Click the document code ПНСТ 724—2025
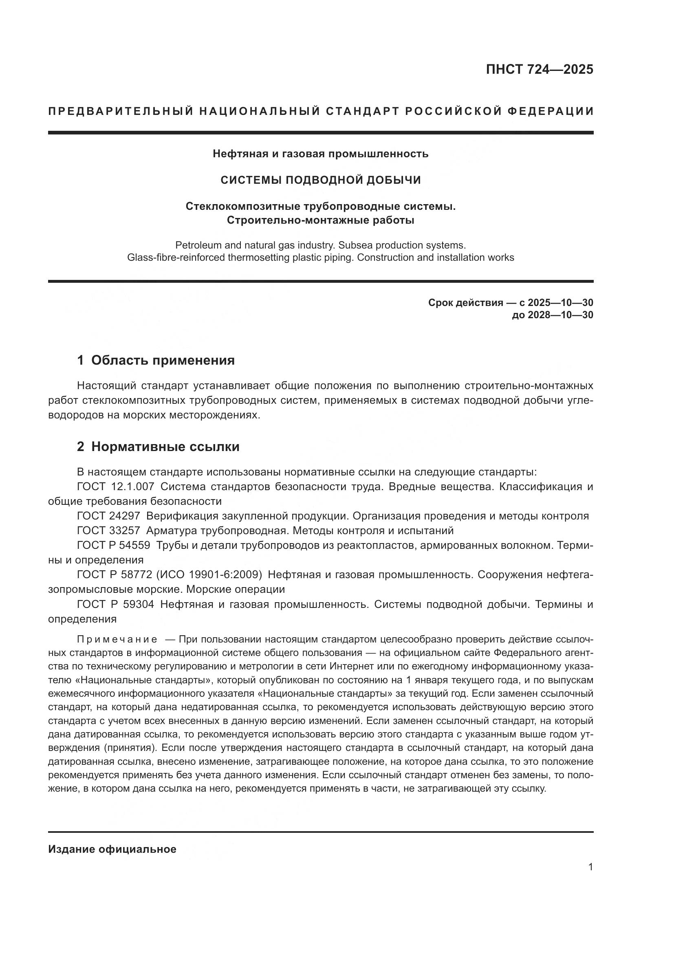[539, 69]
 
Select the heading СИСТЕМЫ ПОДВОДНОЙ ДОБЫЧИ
[320, 180]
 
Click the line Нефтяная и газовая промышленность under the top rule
[320, 154]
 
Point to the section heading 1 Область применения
[156, 360]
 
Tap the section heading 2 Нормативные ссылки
[158, 447]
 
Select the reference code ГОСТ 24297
[108, 516]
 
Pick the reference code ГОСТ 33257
[108, 530]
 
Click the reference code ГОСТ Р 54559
[113, 545]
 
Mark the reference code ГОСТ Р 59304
[115, 604]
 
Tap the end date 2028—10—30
[560, 315]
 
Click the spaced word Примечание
[117, 639]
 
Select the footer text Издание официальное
[112, 849]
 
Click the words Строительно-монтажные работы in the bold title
[320, 220]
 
